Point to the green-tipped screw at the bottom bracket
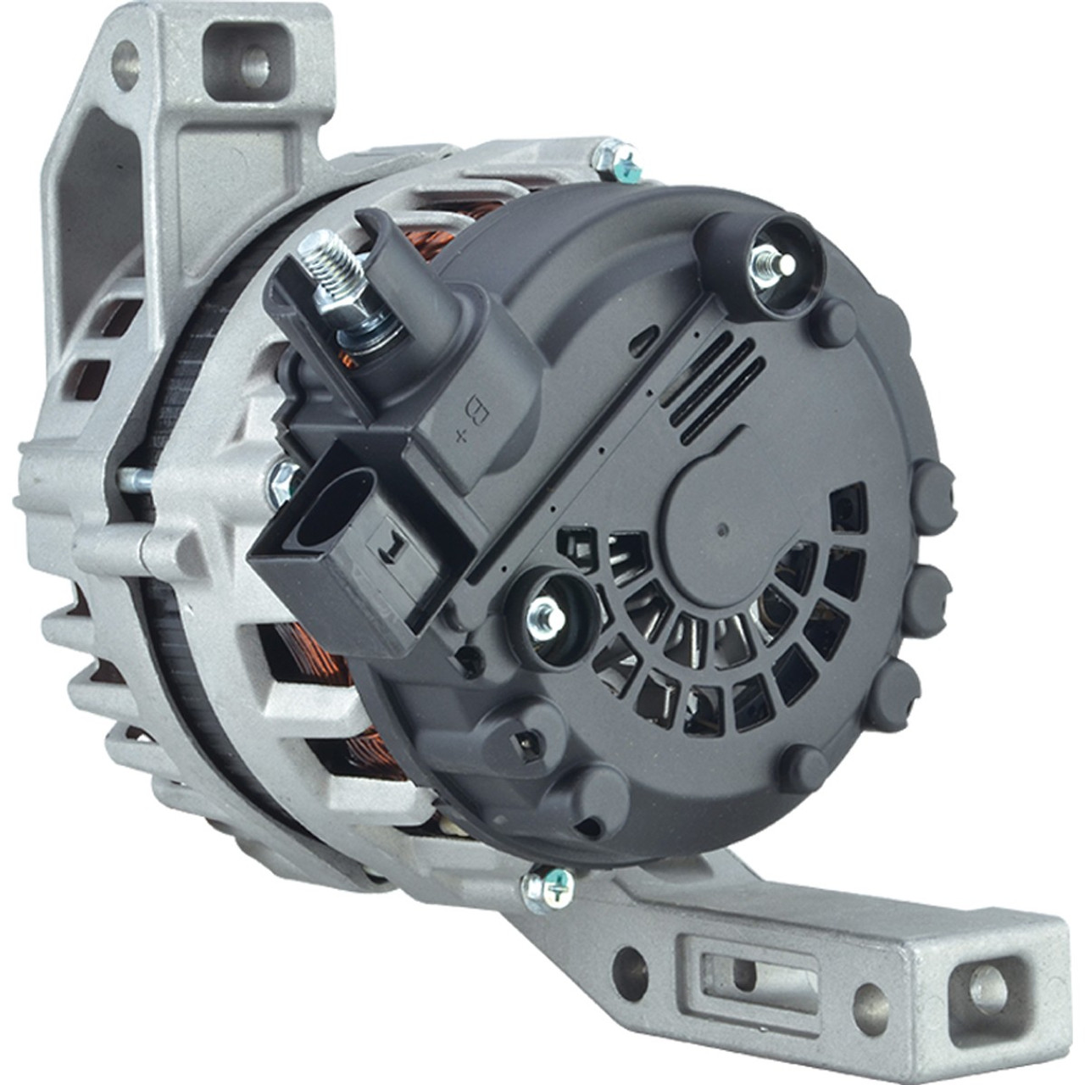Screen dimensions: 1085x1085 548,891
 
